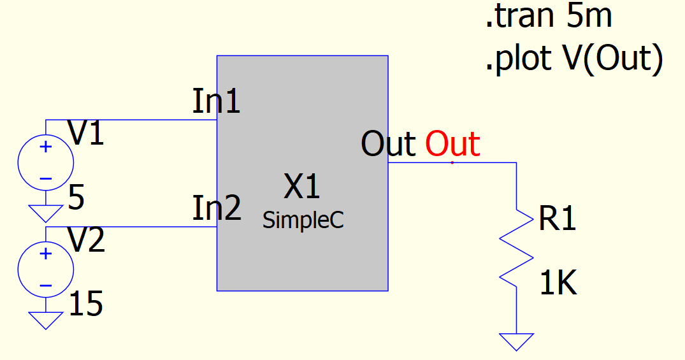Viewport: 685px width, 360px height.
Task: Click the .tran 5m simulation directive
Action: [549, 17]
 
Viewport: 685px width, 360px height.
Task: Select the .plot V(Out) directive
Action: [575, 59]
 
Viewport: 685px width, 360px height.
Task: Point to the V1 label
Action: [86, 133]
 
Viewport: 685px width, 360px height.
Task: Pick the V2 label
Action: [86, 240]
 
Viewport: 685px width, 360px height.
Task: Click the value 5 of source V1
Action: [76, 198]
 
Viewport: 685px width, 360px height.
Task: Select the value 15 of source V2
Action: [85, 304]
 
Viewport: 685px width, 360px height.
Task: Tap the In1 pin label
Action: [216, 101]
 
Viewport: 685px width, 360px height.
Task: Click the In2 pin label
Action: [217, 208]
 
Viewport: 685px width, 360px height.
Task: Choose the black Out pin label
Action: [388, 143]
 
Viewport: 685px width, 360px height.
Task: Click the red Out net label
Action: [452, 143]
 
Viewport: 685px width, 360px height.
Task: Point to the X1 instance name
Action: [302, 186]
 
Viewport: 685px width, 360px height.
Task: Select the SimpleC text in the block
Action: [303, 220]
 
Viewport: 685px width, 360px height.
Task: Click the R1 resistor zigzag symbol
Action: [516, 248]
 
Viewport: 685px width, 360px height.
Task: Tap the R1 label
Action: [558, 218]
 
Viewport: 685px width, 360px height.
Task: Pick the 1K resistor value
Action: [558, 283]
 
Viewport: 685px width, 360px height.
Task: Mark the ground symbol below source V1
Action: [45, 213]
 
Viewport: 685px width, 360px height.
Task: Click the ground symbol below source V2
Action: [45, 320]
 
